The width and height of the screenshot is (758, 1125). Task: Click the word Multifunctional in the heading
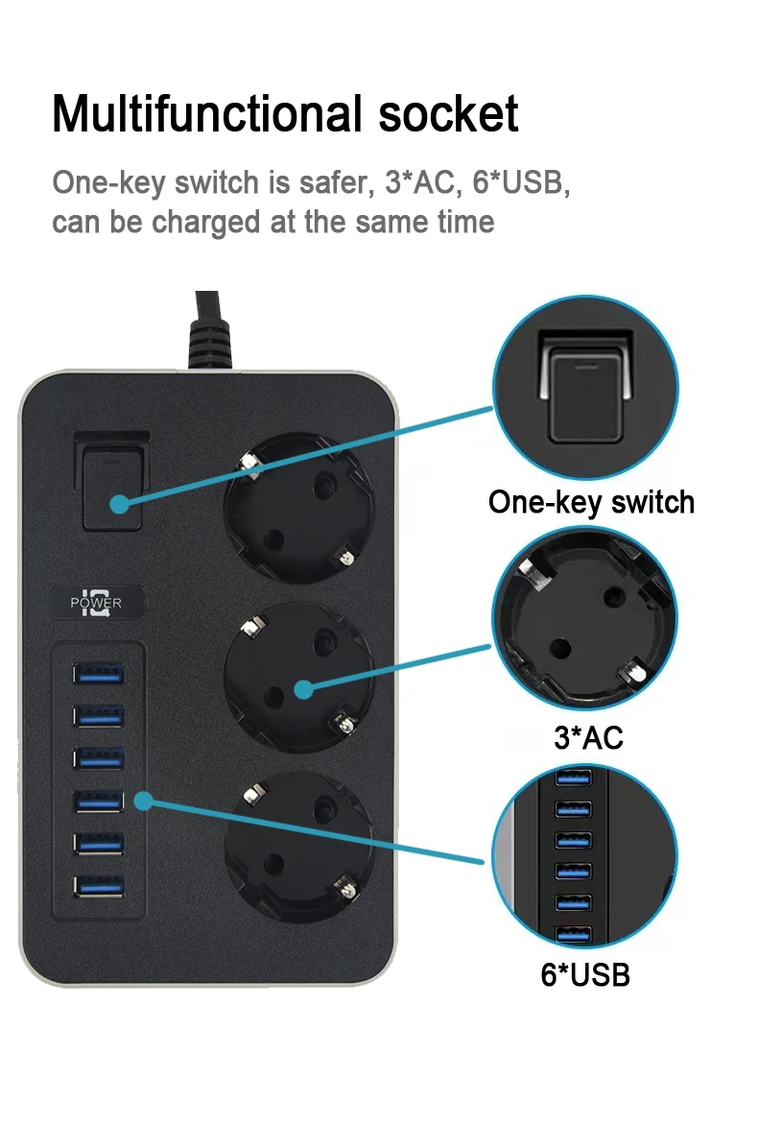pyautogui.click(x=207, y=114)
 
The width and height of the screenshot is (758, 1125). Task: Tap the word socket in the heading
pyautogui.click(x=448, y=114)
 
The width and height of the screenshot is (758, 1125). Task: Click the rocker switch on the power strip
pyautogui.click(x=112, y=482)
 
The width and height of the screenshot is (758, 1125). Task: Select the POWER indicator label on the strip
pyautogui.click(x=96, y=603)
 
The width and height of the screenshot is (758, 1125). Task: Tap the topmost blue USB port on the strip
pyautogui.click(x=98, y=674)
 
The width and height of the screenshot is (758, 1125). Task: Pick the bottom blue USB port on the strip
pyautogui.click(x=98, y=887)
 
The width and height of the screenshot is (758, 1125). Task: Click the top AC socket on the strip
pyautogui.click(x=297, y=508)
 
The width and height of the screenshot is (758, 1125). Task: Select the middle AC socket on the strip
pyautogui.click(x=298, y=678)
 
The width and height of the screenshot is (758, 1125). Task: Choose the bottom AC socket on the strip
pyautogui.click(x=298, y=848)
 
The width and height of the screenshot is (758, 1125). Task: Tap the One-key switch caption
pyautogui.click(x=592, y=503)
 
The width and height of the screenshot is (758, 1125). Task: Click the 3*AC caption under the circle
pyautogui.click(x=589, y=737)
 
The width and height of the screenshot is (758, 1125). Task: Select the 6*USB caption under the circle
pyautogui.click(x=585, y=975)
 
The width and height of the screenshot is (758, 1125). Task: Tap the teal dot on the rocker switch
pyautogui.click(x=119, y=504)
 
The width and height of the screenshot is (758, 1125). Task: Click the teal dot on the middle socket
pyautogui.click(x=304, y=689)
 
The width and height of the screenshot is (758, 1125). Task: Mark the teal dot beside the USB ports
pyautogui.click(x=144, y=801)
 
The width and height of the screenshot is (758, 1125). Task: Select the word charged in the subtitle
pyautogui.click(x=207, y=223)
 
